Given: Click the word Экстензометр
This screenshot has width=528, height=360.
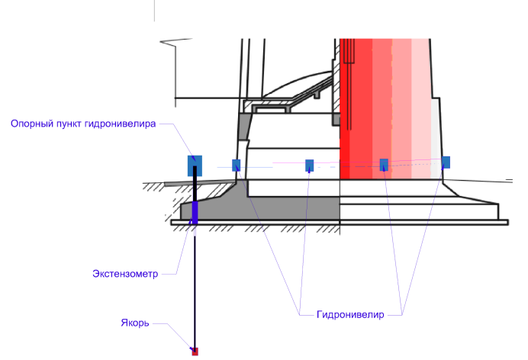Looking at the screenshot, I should click(124, 274).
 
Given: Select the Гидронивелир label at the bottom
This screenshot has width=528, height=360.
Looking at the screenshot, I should click(350, 313).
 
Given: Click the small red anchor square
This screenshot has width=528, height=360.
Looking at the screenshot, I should click(195, 352).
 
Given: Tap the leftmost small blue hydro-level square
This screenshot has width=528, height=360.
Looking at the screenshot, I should click(237, 165).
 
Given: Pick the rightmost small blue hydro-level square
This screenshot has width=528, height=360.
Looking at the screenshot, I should click(446, 162).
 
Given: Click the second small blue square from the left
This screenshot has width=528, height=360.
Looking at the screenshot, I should click(310, 165).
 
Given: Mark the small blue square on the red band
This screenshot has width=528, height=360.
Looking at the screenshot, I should click(385, 163).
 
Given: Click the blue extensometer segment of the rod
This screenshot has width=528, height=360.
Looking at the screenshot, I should click(195, 212).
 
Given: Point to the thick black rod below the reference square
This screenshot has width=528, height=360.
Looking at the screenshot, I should click(195, 188).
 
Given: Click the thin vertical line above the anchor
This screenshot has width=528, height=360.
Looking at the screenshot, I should click(195, 290).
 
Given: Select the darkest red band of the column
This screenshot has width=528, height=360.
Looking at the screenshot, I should click(347, 107).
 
